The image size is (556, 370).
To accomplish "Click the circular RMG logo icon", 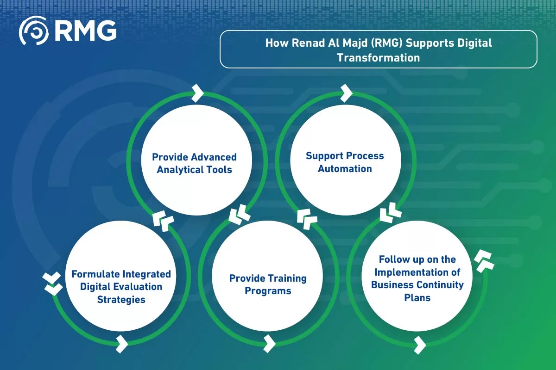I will point(33,31).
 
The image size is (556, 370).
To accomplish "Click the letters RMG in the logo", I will point(85,31).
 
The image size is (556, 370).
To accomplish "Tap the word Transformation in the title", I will point(379,58).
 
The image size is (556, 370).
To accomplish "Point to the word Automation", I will point(345,168).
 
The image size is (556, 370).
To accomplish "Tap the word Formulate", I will point(96,274).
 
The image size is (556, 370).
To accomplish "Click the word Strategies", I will point(121,299).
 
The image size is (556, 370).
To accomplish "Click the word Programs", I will point(268,291).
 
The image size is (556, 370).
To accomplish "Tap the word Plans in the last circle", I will point(417,297).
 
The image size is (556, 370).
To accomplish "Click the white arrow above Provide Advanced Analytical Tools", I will point(197,92).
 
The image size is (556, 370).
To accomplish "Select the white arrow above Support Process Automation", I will point(346,92).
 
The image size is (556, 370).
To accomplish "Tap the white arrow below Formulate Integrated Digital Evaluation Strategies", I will point(122,343).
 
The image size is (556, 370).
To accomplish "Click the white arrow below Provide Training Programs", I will point(269,343).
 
